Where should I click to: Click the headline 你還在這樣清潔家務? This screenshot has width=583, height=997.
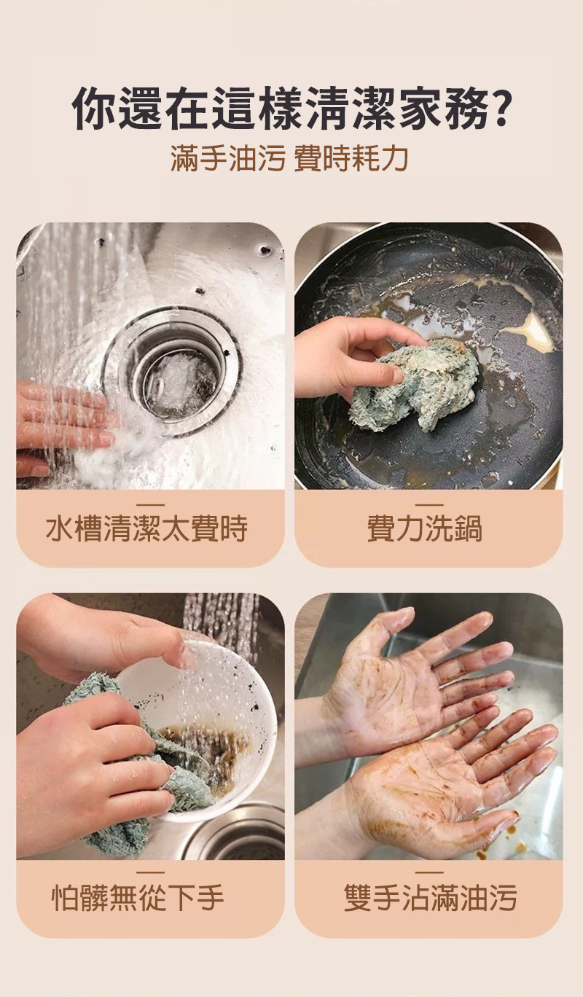(x=291, y=109)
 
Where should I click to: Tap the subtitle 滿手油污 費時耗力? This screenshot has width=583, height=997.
(x=290, y=158)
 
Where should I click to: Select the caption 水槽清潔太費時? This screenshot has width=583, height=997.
(x=146, y=529)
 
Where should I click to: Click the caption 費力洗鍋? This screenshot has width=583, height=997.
(x=425, y=529)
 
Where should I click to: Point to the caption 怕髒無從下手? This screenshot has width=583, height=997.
(x=138, y=898)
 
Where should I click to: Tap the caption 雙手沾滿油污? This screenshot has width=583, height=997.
(x=431, y=898)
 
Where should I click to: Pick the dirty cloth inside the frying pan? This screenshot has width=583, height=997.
(x=414, y=383)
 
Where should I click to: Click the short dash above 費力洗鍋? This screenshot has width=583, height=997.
(x=431, y=505)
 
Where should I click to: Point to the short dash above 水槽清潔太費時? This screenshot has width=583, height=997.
(x=150, y=505)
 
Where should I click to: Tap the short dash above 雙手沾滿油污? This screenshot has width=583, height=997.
(x=431, y=872)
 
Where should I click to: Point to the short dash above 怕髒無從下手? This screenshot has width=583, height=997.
(x=150, y=872)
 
